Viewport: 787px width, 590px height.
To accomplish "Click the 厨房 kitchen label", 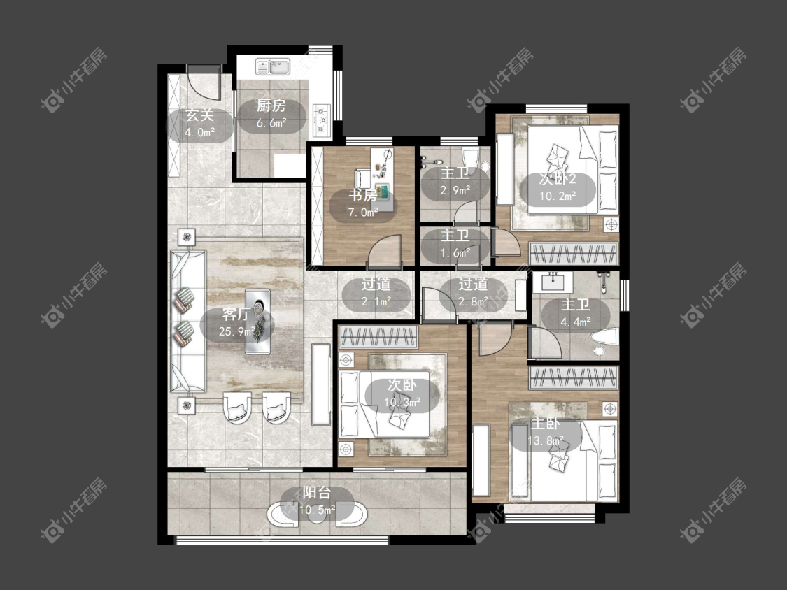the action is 271,106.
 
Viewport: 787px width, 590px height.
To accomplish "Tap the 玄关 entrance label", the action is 200,115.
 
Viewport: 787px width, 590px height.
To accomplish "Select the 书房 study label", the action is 363,196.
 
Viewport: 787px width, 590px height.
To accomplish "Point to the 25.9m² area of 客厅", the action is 236,331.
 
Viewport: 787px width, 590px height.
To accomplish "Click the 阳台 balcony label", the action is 317,493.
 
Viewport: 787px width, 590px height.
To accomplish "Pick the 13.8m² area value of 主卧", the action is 546,441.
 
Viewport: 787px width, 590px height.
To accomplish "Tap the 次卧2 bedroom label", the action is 558,179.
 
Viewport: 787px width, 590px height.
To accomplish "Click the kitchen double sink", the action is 273,66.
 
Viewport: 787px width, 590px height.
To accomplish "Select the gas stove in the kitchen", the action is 322,120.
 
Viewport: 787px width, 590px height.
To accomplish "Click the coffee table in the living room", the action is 257,321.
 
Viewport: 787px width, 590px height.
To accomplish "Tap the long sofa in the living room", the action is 187,321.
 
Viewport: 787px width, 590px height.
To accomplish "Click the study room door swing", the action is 385,250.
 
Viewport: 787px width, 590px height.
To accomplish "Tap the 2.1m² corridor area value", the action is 376,301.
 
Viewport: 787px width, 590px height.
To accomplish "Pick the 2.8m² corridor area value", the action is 473,301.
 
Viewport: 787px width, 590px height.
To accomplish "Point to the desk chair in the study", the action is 363,178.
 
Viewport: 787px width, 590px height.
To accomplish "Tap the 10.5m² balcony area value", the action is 317,510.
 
